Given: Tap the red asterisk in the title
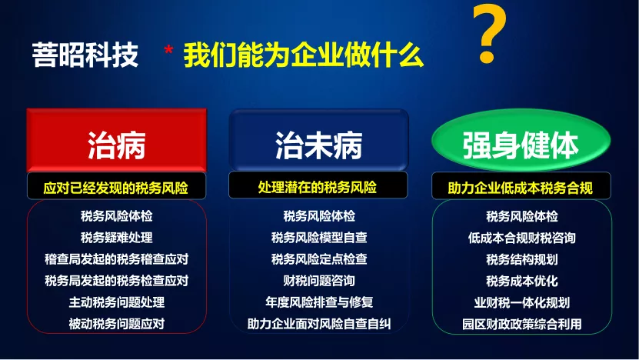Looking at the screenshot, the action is point(168,51).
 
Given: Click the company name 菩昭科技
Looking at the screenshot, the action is point(85,55).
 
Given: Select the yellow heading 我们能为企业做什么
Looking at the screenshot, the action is point(304,55).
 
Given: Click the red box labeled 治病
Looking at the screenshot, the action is point(117,140).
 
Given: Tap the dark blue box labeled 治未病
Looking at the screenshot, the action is point(318,140).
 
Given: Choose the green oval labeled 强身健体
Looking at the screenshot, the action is point(521,141).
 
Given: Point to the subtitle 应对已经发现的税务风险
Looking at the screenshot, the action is point(116,188).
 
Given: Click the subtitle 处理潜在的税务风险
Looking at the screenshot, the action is point(318,187).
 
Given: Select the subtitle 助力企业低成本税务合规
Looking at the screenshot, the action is point(520,188).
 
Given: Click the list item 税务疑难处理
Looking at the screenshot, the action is point(117,237).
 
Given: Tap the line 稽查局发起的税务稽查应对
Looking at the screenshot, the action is point(117,259).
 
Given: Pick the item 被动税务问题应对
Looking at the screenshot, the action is point(117,324).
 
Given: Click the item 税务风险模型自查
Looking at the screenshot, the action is point(319,237).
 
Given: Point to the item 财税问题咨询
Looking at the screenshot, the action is point(319,281).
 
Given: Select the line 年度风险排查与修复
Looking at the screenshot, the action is point(319,302).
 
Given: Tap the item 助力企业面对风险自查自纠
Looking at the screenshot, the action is point(319,324).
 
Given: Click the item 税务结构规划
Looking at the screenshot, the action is point(521,259).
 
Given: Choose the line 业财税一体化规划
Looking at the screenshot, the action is point(521,302).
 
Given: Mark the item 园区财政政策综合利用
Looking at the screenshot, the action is point(521,324).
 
